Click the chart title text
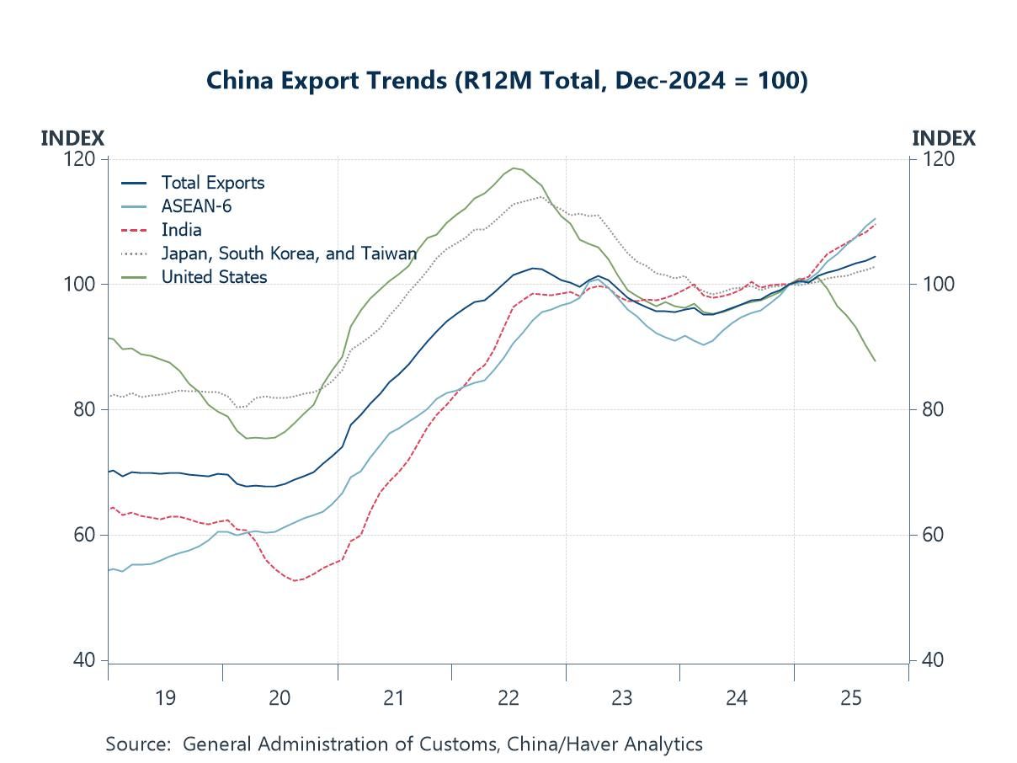[x=507, y=81]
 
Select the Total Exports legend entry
[x=212, y=183]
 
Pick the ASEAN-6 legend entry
[x=196, y=206]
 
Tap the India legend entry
[x=181, y=230]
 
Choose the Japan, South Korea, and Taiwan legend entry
[x=289, y=253]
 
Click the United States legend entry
[x=214, y=277]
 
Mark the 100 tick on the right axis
[x=933, y=285]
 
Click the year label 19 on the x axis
[x=165, y=698]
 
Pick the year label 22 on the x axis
[x=508, y=698]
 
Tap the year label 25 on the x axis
[x=850, y=698]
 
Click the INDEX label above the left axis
[x=72, y=138]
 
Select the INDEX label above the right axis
[x=944, y=138]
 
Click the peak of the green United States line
[x=514, y=168]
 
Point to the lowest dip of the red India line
[x=295, y=580]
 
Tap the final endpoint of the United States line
[x=876, y=361]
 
